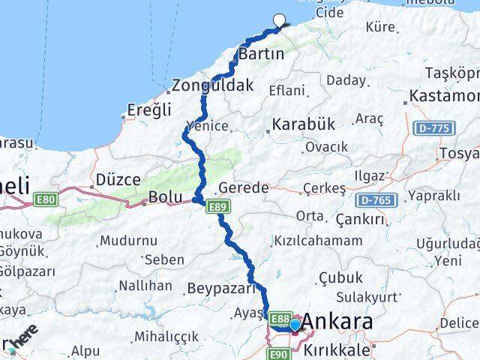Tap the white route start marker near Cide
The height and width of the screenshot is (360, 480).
point(280,21)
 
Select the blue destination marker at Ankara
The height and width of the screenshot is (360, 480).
point(295,325)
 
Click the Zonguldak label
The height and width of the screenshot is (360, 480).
point(212,85)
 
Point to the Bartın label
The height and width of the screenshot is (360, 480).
point(261,54)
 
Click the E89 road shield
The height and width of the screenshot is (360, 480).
point(220,206)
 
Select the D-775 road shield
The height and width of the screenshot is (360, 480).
point(433,128)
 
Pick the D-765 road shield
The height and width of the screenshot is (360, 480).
point(376,200)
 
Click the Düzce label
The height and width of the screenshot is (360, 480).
point(118,180)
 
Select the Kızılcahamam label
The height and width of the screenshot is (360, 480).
point(318,241)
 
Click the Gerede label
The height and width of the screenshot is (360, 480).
point(243,188)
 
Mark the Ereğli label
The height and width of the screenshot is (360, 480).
point(149,110)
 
